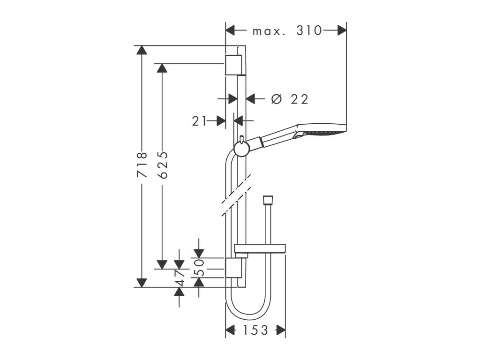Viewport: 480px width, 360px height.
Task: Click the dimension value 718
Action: [142, 165]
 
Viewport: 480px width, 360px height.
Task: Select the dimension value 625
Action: [162, 165]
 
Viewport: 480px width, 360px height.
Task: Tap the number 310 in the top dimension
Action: [309, 31]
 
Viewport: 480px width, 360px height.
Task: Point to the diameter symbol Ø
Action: [277, 99]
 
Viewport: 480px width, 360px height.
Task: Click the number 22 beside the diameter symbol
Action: [299, 99]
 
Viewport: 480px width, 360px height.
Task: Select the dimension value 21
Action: [199, 121]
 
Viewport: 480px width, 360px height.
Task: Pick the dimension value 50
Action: [199, 267]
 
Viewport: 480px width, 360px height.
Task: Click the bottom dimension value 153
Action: [255, 330]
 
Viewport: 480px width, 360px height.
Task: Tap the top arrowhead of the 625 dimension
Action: [162, 68]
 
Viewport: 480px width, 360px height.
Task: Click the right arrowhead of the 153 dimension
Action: [281, 330]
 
